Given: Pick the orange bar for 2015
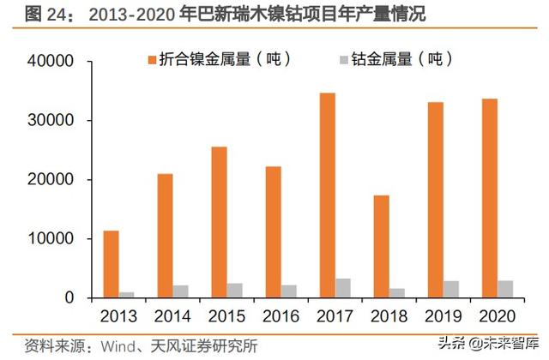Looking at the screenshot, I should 219,222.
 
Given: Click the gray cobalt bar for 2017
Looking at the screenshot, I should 343,288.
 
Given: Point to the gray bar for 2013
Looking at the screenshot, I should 127,295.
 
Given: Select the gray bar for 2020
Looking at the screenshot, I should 505,289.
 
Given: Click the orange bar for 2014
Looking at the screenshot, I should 165,236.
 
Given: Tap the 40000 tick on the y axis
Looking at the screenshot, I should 54,62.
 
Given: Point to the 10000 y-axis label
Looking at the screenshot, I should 54,239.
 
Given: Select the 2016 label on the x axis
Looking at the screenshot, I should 281,315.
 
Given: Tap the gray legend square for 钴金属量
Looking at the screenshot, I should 344,60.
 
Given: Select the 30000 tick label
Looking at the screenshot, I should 54,121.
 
